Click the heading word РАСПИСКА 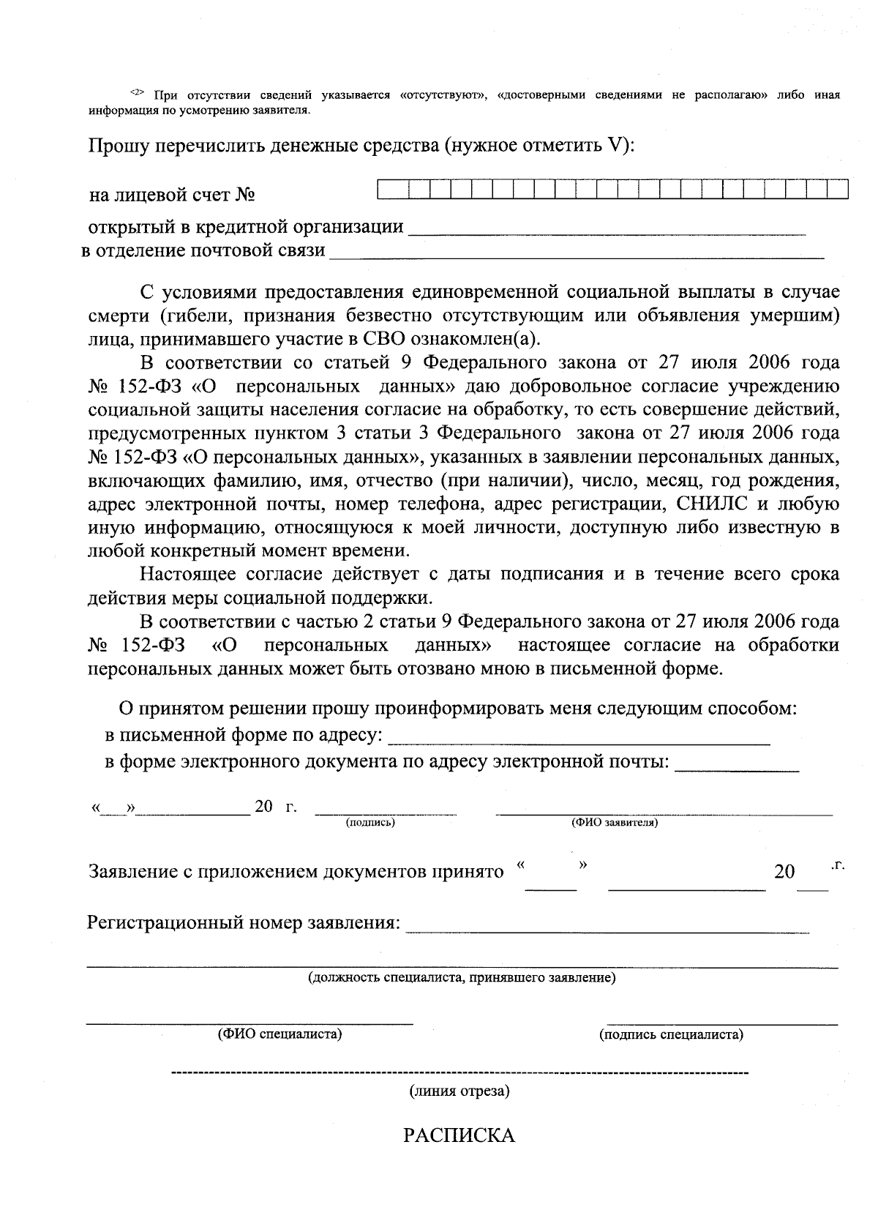click(459, 1135)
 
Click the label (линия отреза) click(459, 1091)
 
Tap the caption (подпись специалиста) click(671, 1034)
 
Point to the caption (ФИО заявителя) click(614, 822)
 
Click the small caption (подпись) click(370, 822)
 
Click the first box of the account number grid click(388, 190)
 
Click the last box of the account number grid click(838, 190)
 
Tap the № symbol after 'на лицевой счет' click(246, 195)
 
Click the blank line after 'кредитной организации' click(606, 231)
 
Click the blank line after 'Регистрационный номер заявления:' click(607, 930)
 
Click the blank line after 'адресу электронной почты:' click(737, 768)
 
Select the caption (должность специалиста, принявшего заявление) click(462, 977)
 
